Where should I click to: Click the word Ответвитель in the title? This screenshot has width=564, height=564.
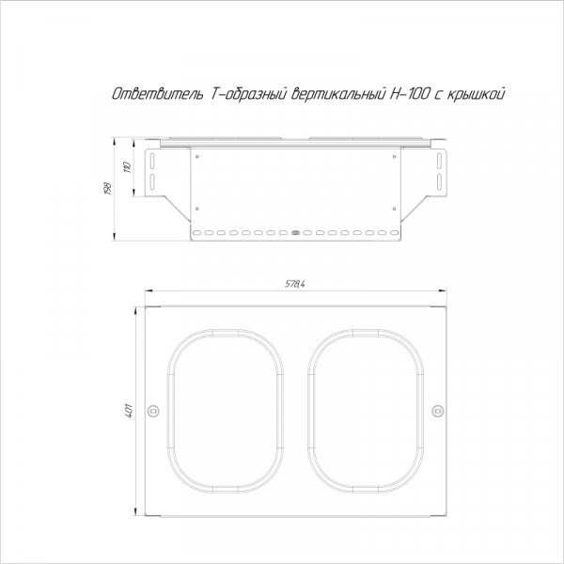(157, 94)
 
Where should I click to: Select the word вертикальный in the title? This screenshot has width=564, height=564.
(337, 94)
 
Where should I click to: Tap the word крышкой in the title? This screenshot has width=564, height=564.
(476, 94)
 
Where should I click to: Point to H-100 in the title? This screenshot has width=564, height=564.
(410, 94)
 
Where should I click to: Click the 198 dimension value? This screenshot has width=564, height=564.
(107, 189)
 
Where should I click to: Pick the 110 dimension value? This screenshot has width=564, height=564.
(127, 167)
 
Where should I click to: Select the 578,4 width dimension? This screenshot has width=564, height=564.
(295, 284)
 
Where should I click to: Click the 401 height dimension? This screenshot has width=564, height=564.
(129, 411)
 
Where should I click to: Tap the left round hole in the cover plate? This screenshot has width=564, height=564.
(153, 411)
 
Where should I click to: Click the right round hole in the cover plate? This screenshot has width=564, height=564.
(438, 411)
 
